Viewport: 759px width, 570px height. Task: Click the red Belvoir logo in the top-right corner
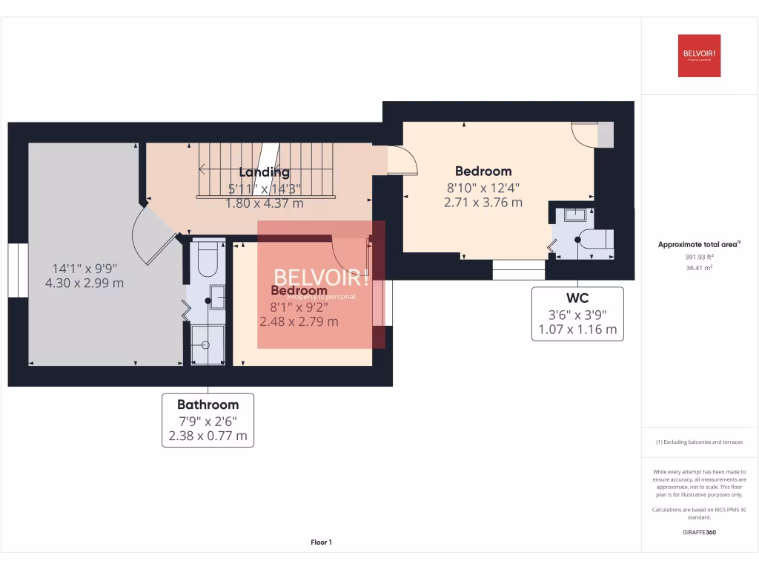699,56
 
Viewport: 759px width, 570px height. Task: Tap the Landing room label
265,172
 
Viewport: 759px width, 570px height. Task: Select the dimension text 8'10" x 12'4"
483,187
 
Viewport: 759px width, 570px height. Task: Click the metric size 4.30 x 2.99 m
84,283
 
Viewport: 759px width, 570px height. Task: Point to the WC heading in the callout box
577,298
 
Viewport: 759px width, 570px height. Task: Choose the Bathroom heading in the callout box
208,404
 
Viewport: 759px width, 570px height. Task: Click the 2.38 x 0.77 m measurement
208,436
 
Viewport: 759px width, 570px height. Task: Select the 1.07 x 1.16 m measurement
577,330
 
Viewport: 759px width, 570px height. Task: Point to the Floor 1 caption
321,543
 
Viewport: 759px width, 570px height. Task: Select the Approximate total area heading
689,244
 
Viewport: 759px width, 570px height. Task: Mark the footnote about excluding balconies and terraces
699,442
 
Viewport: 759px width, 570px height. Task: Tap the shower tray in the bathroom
207,345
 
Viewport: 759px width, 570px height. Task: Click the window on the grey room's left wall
18,270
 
